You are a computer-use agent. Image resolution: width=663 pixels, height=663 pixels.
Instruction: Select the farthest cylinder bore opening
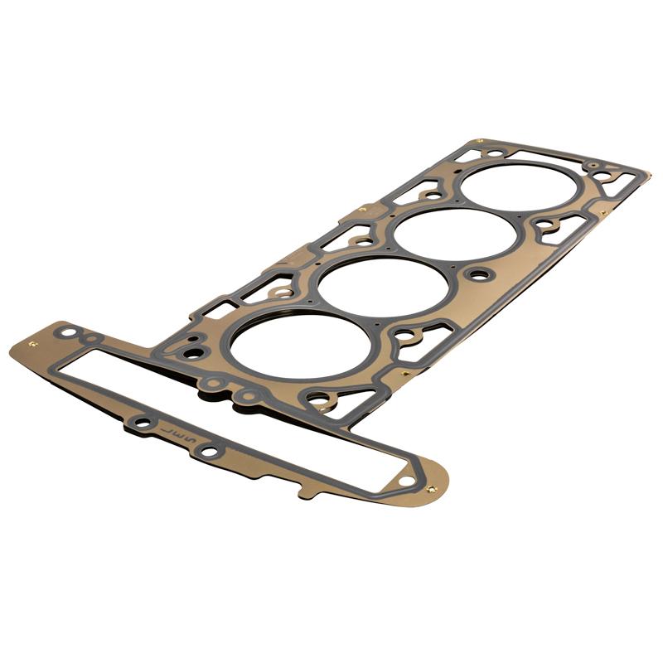click(x=519, y=187)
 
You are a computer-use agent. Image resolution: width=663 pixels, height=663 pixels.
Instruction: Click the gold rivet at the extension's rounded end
click(x=430, y=489)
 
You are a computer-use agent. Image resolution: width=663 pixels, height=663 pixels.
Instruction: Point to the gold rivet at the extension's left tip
click(x=32, y=343)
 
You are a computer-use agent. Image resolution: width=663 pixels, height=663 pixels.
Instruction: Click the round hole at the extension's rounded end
click(x=405, y=480)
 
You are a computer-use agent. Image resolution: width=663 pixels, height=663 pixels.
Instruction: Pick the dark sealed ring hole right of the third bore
click(x=478, y=274)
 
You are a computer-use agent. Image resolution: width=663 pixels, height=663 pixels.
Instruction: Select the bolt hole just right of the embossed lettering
click(x=209, y=452)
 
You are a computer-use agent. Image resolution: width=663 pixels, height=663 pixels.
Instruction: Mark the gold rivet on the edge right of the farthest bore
click(x=603, y=213)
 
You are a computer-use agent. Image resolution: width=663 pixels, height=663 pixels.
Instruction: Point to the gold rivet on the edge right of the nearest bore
click(x=404, y=374)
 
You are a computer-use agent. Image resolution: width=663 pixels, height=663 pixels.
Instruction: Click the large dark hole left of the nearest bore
click(x=192, y=353)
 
